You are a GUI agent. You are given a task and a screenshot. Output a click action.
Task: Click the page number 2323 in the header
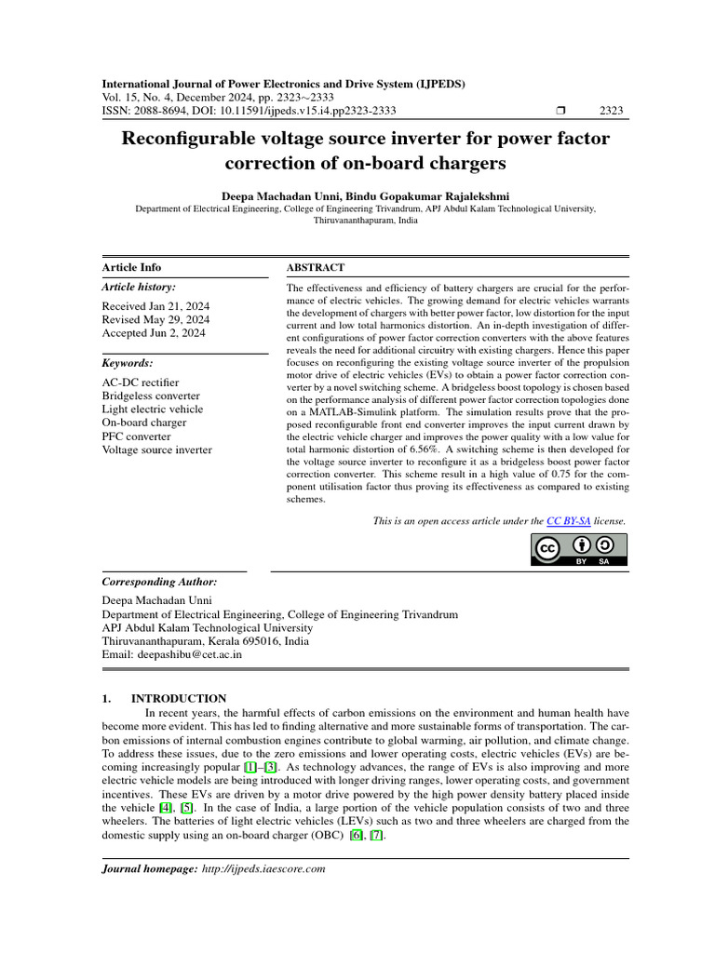point(611,111)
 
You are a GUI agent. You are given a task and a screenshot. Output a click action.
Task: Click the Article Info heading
point(131,267)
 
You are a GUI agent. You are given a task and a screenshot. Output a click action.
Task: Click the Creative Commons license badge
point(578,549)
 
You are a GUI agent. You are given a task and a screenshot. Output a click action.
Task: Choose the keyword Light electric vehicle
point(152,409)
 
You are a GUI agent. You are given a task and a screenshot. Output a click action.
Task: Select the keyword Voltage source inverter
point(156,450)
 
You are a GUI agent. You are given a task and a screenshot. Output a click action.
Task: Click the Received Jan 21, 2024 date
point(155,305)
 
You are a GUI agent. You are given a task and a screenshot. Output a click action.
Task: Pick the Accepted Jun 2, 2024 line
point(154,332)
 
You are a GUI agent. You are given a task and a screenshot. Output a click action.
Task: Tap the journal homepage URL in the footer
point(263,868)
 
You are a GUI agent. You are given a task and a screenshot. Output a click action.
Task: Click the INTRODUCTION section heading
point(178,698)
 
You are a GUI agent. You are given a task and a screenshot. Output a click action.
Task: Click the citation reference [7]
point(375,835)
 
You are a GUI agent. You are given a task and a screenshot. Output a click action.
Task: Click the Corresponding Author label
point(158,581)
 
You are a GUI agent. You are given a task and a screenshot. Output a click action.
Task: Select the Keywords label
point(127,362)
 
